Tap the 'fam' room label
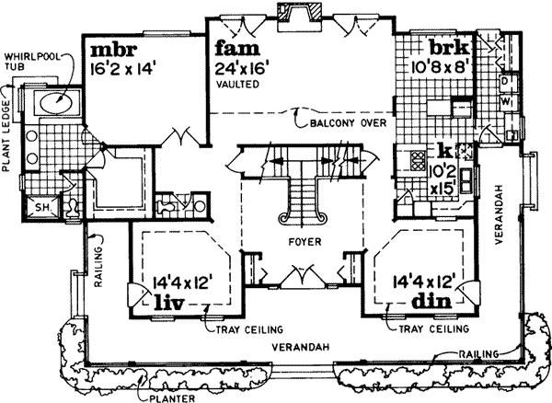click(235, 47)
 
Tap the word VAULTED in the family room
click(236, 84)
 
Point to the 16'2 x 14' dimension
click(124, 67)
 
